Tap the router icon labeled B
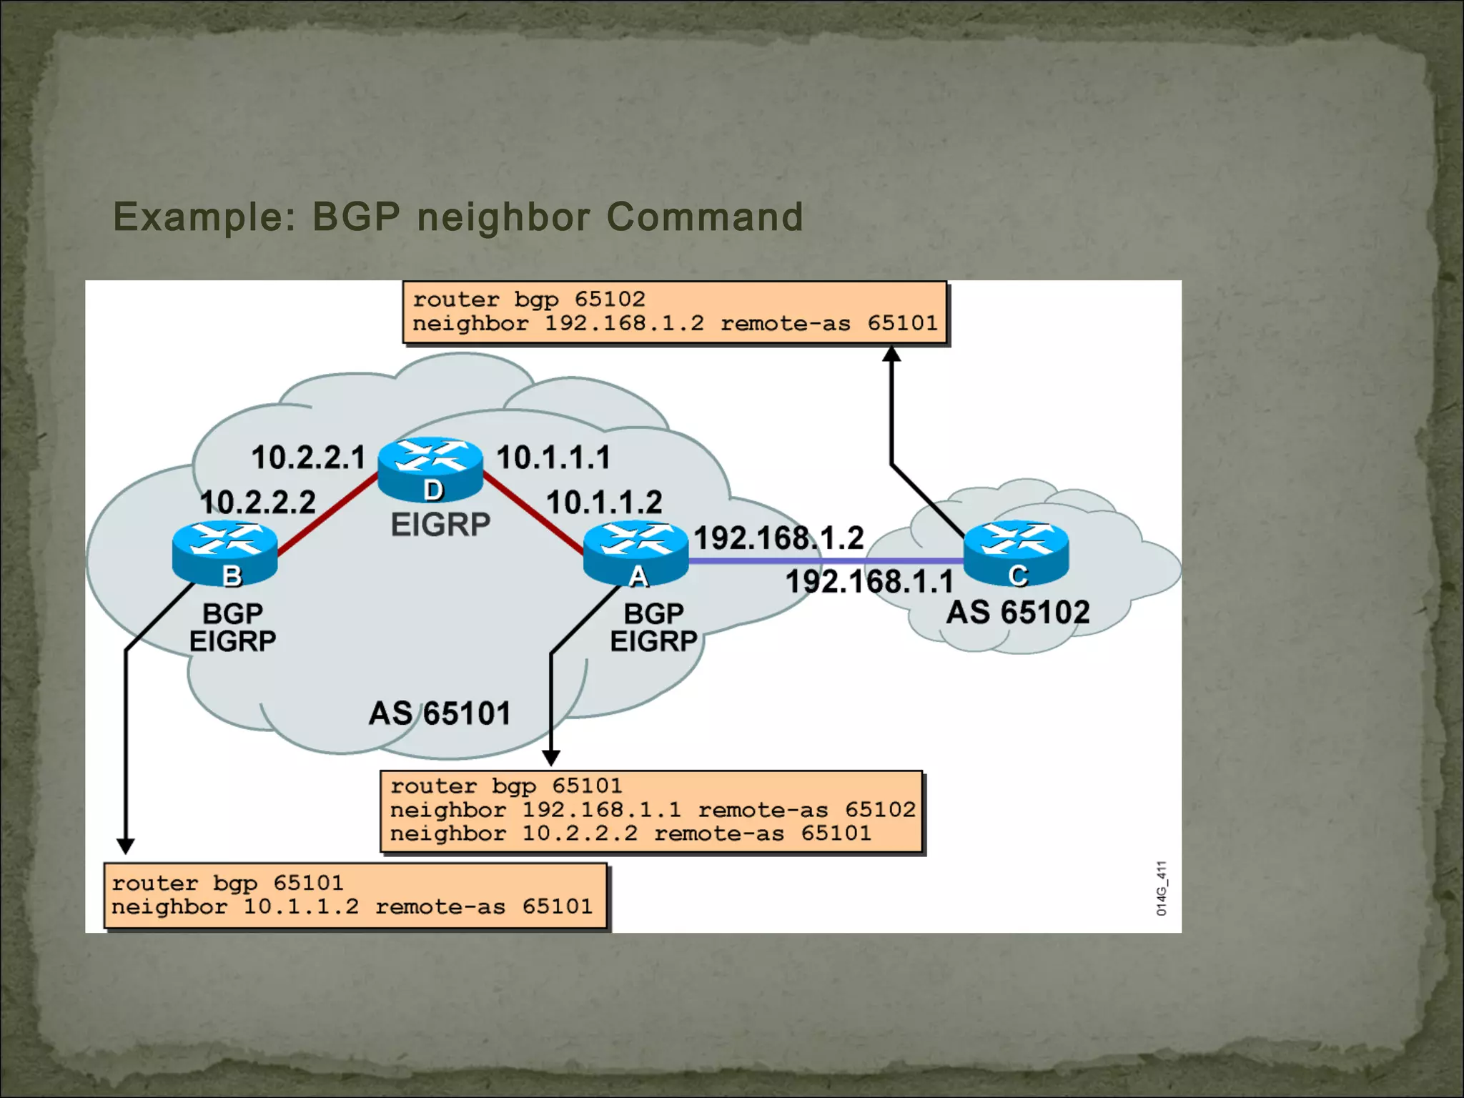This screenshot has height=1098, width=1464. [225, 553]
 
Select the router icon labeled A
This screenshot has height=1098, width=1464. [635, 553]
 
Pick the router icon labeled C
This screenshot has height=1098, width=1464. [1016, 553]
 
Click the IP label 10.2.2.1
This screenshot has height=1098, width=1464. [308, 457]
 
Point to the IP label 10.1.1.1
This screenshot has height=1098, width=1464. [553, 457]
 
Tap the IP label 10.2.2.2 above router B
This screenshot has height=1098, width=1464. [257, 502]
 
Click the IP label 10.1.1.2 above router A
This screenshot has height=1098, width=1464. [604, 502]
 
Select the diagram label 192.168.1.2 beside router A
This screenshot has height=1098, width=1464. [778, 538]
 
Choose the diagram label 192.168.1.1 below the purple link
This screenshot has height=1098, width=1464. [869, 581]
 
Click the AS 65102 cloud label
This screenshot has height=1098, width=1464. [1018, 613]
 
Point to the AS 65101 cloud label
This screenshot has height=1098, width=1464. [440, 713]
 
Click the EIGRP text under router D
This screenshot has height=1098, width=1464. [440, 525]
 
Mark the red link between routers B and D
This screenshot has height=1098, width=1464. [327, 513]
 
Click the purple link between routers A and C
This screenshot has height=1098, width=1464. [822, 561]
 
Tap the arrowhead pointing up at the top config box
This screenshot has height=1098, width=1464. [891, 353]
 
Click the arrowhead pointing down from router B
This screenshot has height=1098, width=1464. [126, 846]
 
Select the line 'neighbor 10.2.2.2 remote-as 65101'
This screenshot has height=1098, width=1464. [630, 834]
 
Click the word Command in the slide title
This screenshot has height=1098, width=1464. [705, 217]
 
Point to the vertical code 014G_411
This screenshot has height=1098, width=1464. [1162, 888]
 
